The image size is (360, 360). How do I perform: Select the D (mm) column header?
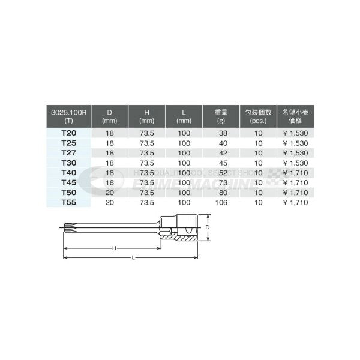109,115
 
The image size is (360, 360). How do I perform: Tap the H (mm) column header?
146,115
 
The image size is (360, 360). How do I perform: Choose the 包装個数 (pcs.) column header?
259,115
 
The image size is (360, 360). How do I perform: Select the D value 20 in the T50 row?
109,193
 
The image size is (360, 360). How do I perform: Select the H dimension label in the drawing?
112,248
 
